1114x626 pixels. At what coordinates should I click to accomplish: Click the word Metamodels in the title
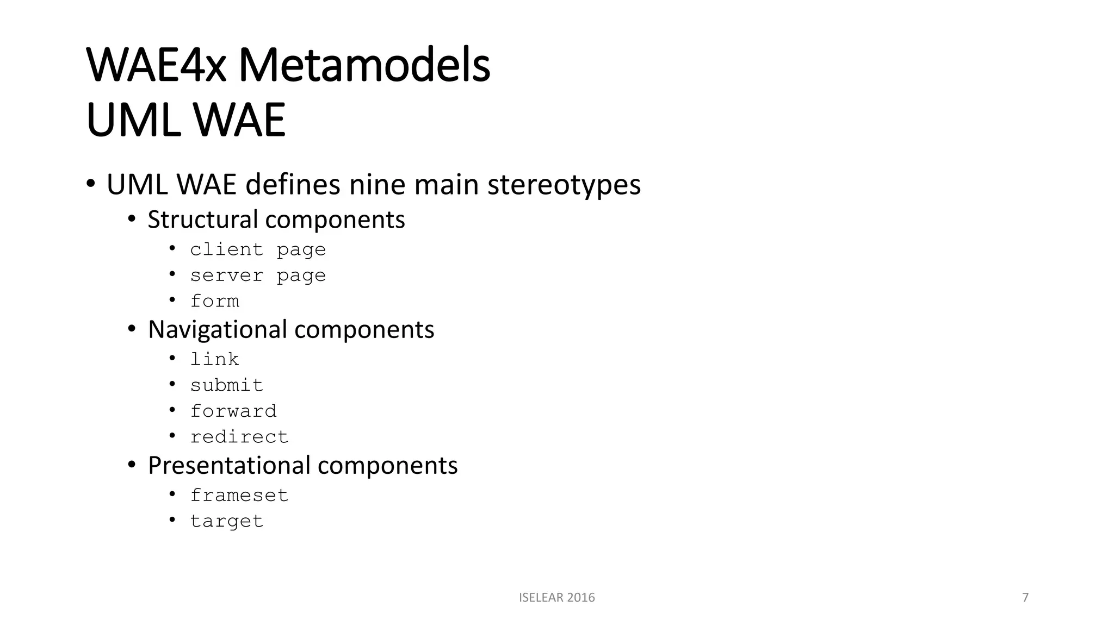(364, 66)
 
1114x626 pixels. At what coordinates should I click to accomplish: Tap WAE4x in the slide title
(156, 66)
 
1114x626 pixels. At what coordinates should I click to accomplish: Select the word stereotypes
(564, 185)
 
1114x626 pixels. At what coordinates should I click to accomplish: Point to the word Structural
(202, 220)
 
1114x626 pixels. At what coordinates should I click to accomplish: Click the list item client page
(258, 249)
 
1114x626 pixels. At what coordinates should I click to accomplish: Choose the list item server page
(258, 276)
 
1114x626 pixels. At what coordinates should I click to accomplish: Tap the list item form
(214, 301)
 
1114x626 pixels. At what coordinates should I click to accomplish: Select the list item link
(214, 359)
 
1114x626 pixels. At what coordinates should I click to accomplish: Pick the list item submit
(226, 385)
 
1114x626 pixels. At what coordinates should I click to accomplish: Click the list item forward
(233, 411)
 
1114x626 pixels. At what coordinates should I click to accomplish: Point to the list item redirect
(239, 437)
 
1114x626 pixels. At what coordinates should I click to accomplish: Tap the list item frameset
(239, 496)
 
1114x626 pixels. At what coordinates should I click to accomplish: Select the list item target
(226, 521)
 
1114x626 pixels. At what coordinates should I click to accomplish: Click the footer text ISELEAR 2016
(556, 598)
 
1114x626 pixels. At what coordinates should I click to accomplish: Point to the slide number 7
(1025, 598)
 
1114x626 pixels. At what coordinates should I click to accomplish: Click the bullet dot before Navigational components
(131, 329)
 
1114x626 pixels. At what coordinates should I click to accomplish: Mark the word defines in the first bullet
(293, 185)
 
